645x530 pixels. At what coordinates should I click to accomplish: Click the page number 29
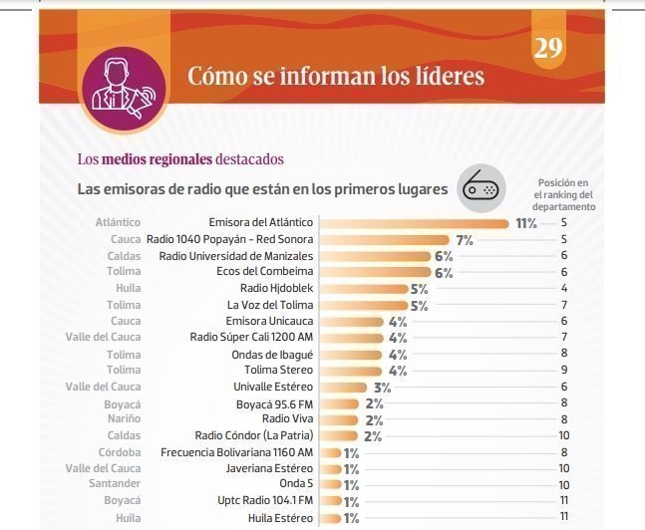(x=548, y=48)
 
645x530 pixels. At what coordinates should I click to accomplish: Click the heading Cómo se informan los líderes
(x=336, y=77)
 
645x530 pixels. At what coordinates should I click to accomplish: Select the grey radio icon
(x=481, y=188)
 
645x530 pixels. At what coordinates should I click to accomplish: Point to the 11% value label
(x=525, y=224)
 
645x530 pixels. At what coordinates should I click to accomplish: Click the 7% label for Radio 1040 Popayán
(x=464, y=240)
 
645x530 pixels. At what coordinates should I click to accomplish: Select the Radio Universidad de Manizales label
(x=236, y=256)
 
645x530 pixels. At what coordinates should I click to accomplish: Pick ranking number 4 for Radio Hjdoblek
(x=564, y=289)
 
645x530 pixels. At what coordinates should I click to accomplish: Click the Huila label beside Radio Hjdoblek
(x=125, y=289)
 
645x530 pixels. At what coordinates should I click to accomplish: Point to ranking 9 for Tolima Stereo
(x=564, y=371)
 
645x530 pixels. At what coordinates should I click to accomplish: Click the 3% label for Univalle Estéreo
(x=382, y=387)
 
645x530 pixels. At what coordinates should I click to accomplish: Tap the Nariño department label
(x=123, y=419)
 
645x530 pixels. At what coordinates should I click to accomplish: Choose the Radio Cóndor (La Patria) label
(x=254, y=435)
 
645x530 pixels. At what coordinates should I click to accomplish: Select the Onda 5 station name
(x=296, y=484)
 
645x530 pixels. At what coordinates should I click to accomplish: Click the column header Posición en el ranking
(x=564, y=195)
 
